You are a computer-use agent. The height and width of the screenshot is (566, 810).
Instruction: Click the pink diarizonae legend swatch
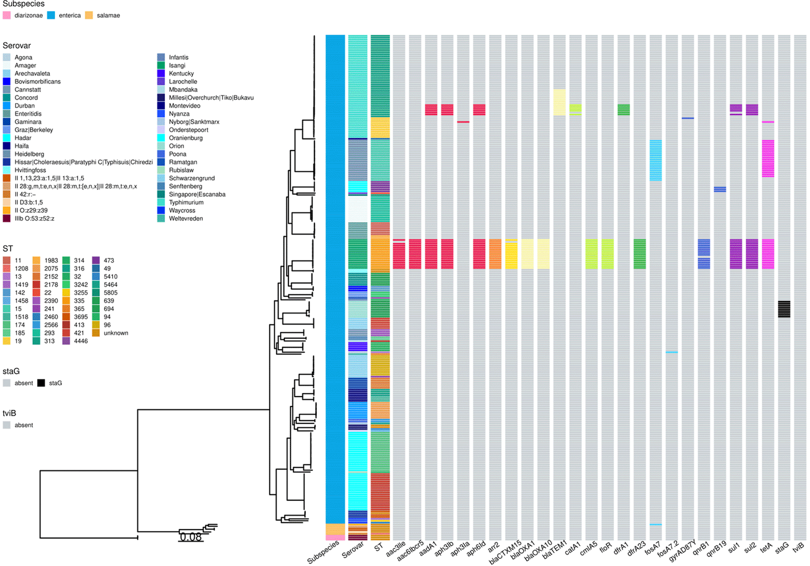click(7, 16)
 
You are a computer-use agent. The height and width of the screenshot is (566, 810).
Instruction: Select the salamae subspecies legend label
click(108, 16)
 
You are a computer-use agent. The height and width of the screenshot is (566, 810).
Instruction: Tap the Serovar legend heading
click(17, 46)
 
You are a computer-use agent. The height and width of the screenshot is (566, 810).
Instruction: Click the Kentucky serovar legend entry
click(181, 74)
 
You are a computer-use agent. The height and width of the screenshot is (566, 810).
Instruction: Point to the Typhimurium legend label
click(186, 203)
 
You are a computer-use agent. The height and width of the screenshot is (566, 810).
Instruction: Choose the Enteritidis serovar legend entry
click(28, 114)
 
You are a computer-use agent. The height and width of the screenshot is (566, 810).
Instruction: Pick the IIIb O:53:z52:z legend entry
click(34, 219)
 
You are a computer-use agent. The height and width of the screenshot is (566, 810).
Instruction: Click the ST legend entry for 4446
click(80, 341)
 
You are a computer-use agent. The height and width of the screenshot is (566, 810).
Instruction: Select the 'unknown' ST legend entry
click(116, 333)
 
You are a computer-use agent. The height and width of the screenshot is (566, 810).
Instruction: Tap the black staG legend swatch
click(41, 383)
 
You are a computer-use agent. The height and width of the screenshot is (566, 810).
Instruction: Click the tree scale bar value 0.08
click(191, 537)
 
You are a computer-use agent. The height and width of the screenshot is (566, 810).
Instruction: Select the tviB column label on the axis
click(798, 548)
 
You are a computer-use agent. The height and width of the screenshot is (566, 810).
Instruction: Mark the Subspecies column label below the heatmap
click(323, 552)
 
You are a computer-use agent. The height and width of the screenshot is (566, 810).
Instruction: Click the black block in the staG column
click(784, 309)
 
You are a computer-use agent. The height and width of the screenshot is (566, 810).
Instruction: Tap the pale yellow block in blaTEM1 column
click(559, 102)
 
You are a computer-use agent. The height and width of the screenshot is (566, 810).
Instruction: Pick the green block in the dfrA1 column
click(624, 110)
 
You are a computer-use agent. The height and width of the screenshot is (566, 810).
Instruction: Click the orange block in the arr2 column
click(495, 254)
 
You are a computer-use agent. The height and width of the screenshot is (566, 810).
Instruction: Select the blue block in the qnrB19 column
click(720, 189)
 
